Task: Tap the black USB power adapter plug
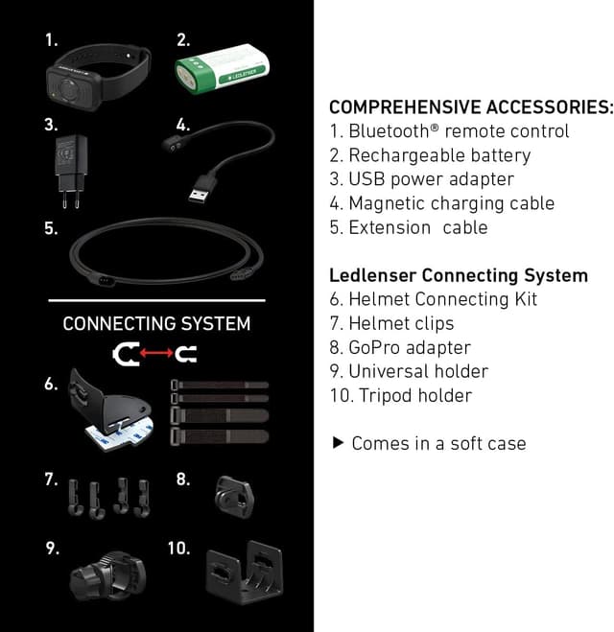tap(71, 171)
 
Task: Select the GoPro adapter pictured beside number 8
tap(235, 497)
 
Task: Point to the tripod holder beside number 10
tap(245, 572)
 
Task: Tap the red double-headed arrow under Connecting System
tap(156, 353)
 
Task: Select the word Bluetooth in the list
tap(390, 131)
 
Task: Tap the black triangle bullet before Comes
tap(339, 442)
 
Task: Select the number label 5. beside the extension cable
tap(51, 228)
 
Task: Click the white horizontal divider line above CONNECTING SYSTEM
tap(156, 300)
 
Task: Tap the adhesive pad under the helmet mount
tap(119, 434)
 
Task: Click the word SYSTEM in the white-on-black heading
tap(215, 323)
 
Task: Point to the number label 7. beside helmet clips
tap(51, 480)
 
